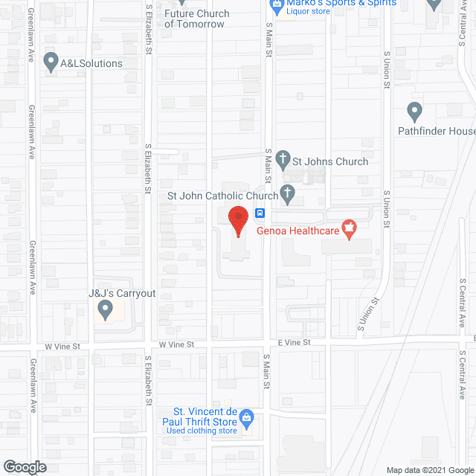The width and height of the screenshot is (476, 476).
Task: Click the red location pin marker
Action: [x=237, y=220]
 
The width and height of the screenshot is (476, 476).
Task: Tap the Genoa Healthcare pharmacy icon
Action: [x=347, y=227]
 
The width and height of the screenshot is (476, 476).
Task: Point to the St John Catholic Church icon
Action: [x=288, y=196]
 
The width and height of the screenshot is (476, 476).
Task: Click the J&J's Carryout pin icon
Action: [x=106, y=308]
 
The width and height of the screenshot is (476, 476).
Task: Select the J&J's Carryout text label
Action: [x=122, y=293]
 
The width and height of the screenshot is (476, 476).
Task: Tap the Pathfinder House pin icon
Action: [x=415, y=112]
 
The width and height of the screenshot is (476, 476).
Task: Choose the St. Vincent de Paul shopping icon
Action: [x=248, y=417]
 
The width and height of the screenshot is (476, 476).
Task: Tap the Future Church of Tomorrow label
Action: [x=196, y=19]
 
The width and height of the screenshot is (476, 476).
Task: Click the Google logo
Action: [x=24, y=467]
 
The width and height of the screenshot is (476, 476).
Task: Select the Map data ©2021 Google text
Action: [x=429, y=469]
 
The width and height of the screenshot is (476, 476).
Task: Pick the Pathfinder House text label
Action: [x=446, y=132]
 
